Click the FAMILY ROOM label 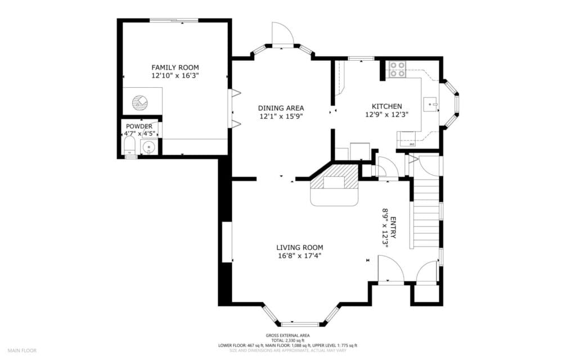coord(175,67)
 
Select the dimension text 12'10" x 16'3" coord(175,75)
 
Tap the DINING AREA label coord(281,108)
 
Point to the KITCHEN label coord(386,106)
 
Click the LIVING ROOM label coord(299,247)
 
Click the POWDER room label coord(139,127)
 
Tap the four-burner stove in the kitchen coord(397,69)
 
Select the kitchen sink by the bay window coord(430,105)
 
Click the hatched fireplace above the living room coord(335,178)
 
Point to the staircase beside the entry coord(426,214)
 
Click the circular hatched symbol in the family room coord(139,102)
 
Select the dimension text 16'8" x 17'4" coord(299,255)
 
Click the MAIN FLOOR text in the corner coord(23,350)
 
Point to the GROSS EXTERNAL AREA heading coord(287,336)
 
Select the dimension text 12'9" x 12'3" coord(386,114)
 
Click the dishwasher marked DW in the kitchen coord(412,145)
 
